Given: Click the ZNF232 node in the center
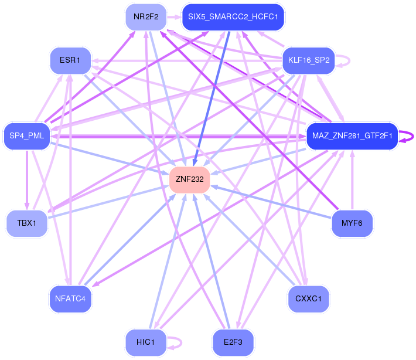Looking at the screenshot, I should pyautogui.click(x=189, y=179).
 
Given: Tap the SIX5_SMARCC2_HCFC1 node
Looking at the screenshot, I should pyautogui.click(x=233, y=17).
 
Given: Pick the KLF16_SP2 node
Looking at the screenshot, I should pyautogui.click(x=308, y=60).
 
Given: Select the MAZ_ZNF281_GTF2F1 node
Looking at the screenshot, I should pyautogui.click(x=352, y=137).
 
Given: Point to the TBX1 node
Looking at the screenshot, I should pyautogui.click(x=27, y=223).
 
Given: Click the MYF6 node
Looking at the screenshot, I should pyautogui.click(x=352, y=223).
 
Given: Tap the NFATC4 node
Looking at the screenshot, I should pyautogui.click(x=70, y=298).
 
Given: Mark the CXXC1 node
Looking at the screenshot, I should pyautogui.click(x=309, y=298).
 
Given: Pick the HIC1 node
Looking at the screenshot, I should pyautogui.click(x=145, y=342).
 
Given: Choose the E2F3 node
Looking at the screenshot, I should pyautogui.click(x=233, y=342).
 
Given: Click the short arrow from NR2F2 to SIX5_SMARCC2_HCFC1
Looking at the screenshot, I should pyautogui.click(x=174, y=17).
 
